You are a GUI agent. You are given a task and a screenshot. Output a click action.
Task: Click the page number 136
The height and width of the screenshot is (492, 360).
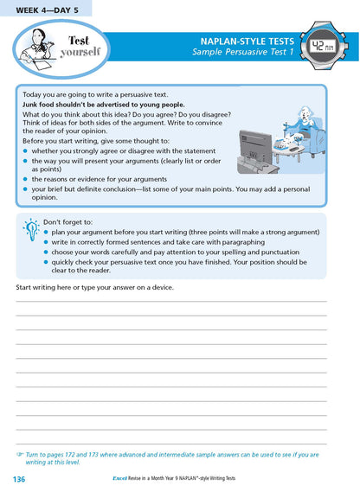click(x=19, y=479)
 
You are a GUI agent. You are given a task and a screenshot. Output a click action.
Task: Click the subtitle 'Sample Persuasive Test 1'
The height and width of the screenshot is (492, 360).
click(x=243, y=54)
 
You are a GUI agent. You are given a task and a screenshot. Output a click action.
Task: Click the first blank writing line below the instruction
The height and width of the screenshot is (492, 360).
click(x=171, y=301)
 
